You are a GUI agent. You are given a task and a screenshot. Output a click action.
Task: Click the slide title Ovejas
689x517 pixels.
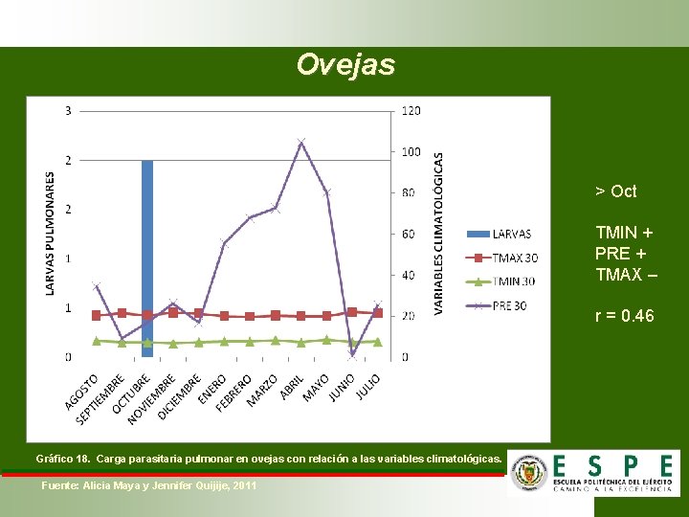344,65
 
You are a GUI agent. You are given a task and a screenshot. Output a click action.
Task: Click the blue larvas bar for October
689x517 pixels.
147,258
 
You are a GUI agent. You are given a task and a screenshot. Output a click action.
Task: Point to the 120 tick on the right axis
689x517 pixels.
410,111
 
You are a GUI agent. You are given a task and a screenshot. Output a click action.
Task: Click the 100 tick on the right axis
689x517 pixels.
410,152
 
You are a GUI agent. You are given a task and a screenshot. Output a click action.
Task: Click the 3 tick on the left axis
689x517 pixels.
68,111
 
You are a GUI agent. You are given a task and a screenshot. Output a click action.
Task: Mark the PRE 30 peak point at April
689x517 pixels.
300,143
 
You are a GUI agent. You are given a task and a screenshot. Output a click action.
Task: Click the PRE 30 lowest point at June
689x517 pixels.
352,353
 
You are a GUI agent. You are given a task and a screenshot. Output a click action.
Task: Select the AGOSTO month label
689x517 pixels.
82,393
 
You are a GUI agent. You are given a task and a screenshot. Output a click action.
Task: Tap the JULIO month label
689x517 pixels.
367,387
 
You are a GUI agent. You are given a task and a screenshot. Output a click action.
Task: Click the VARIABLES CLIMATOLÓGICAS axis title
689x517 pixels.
439,233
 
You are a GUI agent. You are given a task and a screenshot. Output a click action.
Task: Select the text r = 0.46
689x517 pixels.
624,315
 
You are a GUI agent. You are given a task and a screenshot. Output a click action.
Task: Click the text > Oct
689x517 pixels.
615,191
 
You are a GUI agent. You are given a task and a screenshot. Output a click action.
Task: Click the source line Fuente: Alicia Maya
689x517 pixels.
149,486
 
